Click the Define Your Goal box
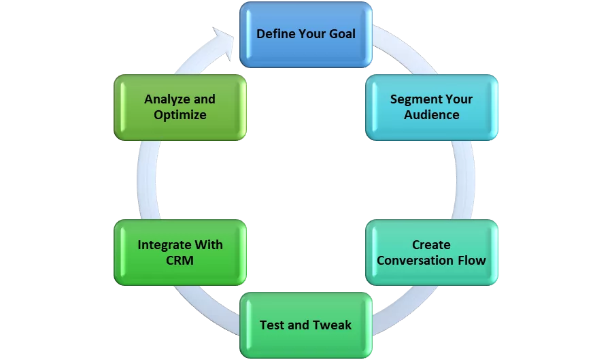[x=306, y=34]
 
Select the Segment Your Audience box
[x=431, y=107]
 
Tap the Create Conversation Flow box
[x=431, y=252]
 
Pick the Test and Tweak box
[x=305, y=325]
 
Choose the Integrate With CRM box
[x=180, y=252]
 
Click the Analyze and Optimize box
[x=180, y=107]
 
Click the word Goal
[x=339, y=33]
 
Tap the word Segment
[x=415, y=99]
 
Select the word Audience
[x=432, y=115]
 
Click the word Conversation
[x=415, y=260]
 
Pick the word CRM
[x=180, y=260]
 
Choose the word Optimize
[x=180, y=115]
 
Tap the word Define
[x=275, y=33]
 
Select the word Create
[x=431, y=244]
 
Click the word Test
[x=272, y=325]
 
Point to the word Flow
[x=471, y=260]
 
